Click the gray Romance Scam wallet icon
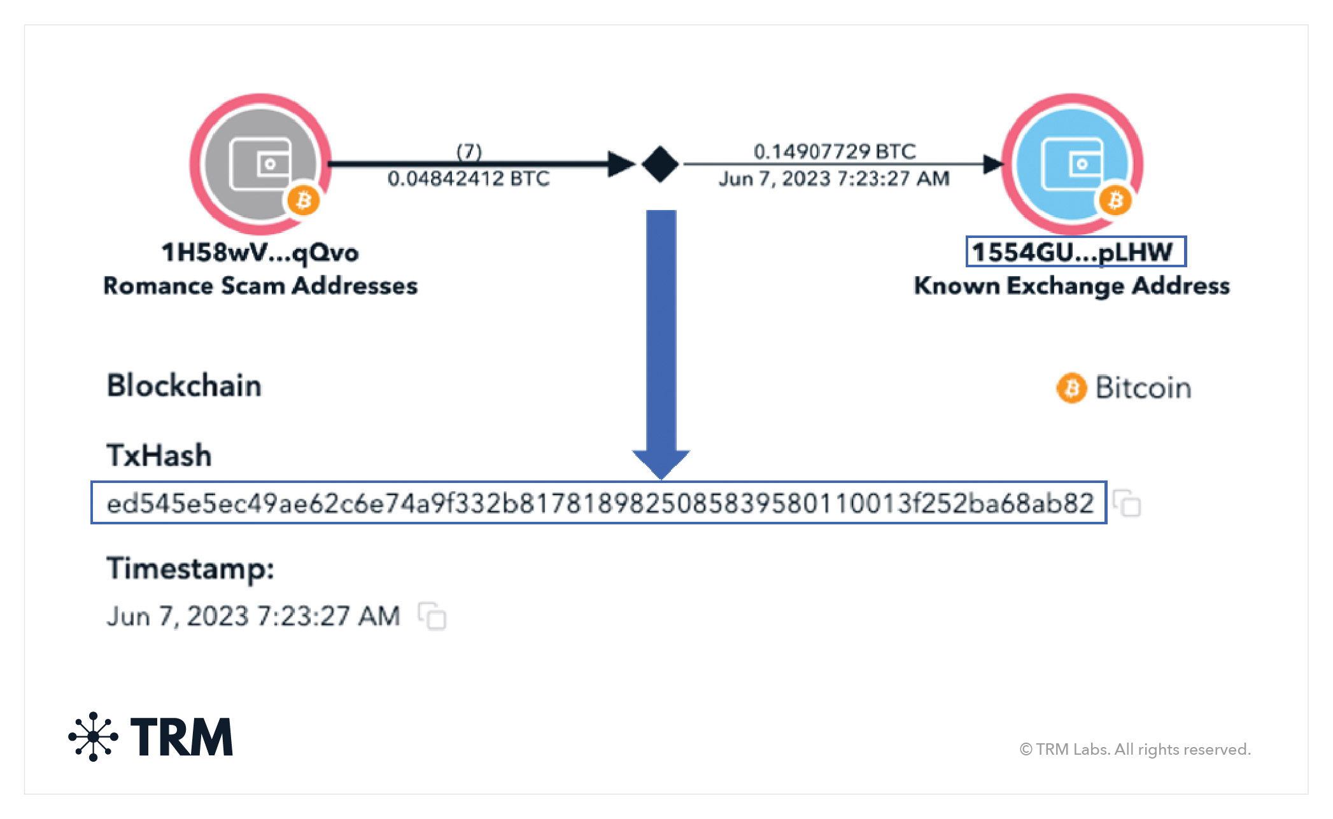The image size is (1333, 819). [260, 164]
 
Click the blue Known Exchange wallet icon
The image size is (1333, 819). [1072, 164]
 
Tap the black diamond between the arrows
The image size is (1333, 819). [659, 164]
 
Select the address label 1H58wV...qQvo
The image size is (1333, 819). [260, 253]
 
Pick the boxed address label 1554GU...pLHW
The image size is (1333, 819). [1075, 252]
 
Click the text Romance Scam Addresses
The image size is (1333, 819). [260, 286]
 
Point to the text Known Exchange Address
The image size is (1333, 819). [1071, 286]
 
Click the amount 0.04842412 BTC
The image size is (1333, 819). [469, 179]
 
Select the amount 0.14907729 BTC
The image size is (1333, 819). [835, 151]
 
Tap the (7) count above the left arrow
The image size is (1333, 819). [469, 151]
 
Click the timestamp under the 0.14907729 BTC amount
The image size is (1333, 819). [834, 179]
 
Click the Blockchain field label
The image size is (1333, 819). [184, 386]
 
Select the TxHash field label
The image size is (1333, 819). [159, 456]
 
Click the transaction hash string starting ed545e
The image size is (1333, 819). [599, 503]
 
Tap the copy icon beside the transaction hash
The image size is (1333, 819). [1127, 503]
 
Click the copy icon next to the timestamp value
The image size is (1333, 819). [432, 616]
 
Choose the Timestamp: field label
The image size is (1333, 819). [190, 568]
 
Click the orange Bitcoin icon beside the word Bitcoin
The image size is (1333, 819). [1071, 388]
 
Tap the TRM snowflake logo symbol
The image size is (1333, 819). [94, 736]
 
